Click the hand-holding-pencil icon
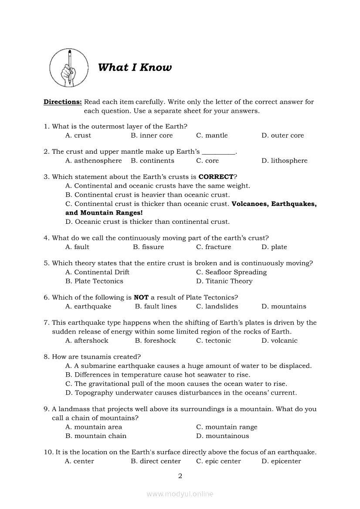point(69,67)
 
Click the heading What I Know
point(135,67)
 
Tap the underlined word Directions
point(62,102)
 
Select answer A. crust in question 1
point(78,135)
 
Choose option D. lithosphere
point(284,161)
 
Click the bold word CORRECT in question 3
point(216,177)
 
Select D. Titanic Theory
point(224,281)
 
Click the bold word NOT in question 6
point(141,297)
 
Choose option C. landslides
point(217,307)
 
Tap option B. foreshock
point(155,340)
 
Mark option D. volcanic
point(279,340)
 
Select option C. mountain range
point(227,427)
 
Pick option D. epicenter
point(281,461)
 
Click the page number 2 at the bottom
point(180,476)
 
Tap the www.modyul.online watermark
point(180,494)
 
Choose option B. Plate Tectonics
point(94,281)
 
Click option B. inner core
point(152,135)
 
